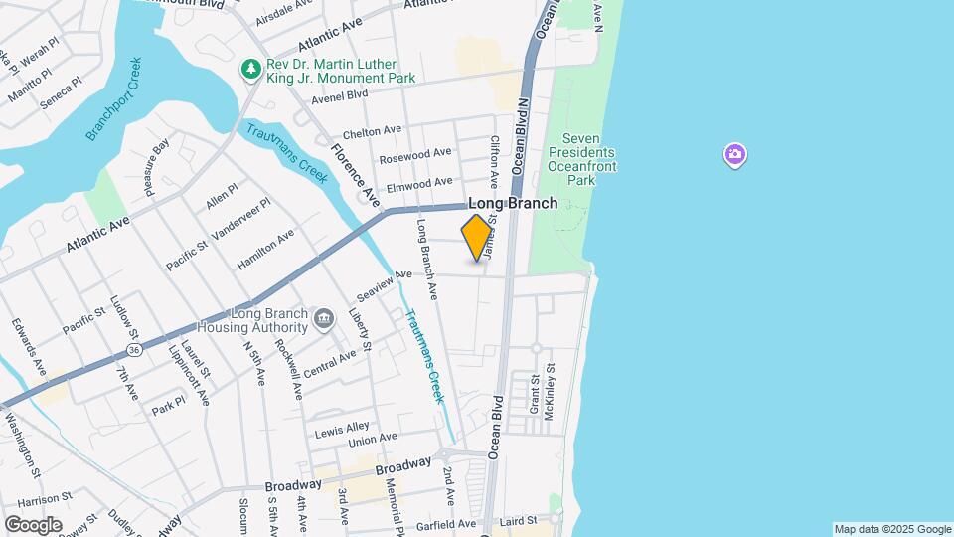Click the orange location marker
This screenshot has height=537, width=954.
[477, 238]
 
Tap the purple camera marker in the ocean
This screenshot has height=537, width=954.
[734, 154]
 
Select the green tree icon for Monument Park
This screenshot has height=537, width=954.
[251, 69]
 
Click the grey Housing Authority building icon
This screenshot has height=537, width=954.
[324, 319]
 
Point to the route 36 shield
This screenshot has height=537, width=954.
[133, 349]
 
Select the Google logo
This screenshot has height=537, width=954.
[33, 524]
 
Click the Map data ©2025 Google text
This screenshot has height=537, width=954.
[891, 529]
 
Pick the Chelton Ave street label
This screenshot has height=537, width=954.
[372, 132]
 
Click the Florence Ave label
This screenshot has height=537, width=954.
[356, 174]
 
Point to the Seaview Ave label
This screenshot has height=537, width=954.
[384, 286]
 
